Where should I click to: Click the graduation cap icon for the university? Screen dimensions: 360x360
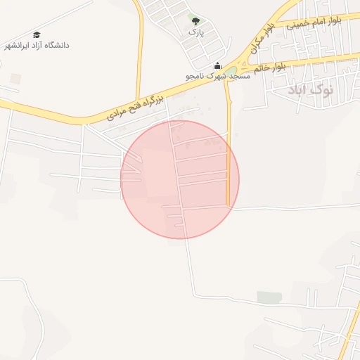click(36, 34)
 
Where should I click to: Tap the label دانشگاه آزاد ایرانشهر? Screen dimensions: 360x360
click(37, 46)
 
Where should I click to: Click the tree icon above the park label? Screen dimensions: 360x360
click(195, 22)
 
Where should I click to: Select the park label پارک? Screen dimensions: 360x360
click(195, 32)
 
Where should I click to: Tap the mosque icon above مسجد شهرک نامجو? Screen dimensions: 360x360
click(217, 65)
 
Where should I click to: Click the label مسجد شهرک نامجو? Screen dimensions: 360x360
click(217, 75)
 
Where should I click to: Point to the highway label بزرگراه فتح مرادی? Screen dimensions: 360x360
click(136, 106)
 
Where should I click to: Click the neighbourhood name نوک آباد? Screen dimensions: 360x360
click(312, 90)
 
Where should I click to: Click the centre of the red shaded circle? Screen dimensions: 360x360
click(180, 179)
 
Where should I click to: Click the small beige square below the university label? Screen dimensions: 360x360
click(15, 78)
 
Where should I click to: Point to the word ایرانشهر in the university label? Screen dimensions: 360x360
click(18, 46)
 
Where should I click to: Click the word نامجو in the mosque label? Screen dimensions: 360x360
click(195, 75)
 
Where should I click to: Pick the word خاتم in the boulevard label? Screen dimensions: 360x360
click(262, 69)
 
